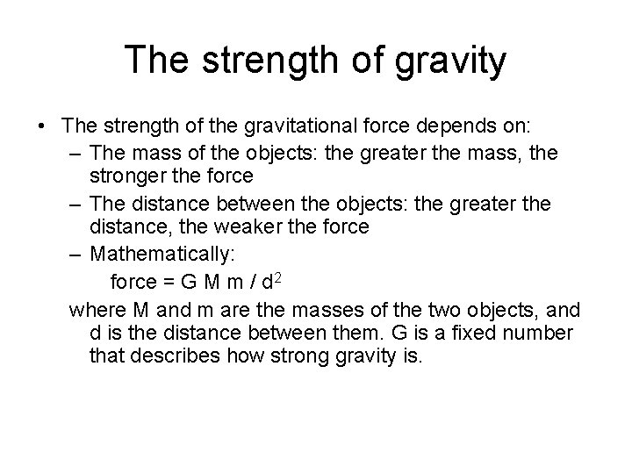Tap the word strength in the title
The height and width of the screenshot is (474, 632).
(x=267, y=61)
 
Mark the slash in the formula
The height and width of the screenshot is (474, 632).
(x=252, y=283)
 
